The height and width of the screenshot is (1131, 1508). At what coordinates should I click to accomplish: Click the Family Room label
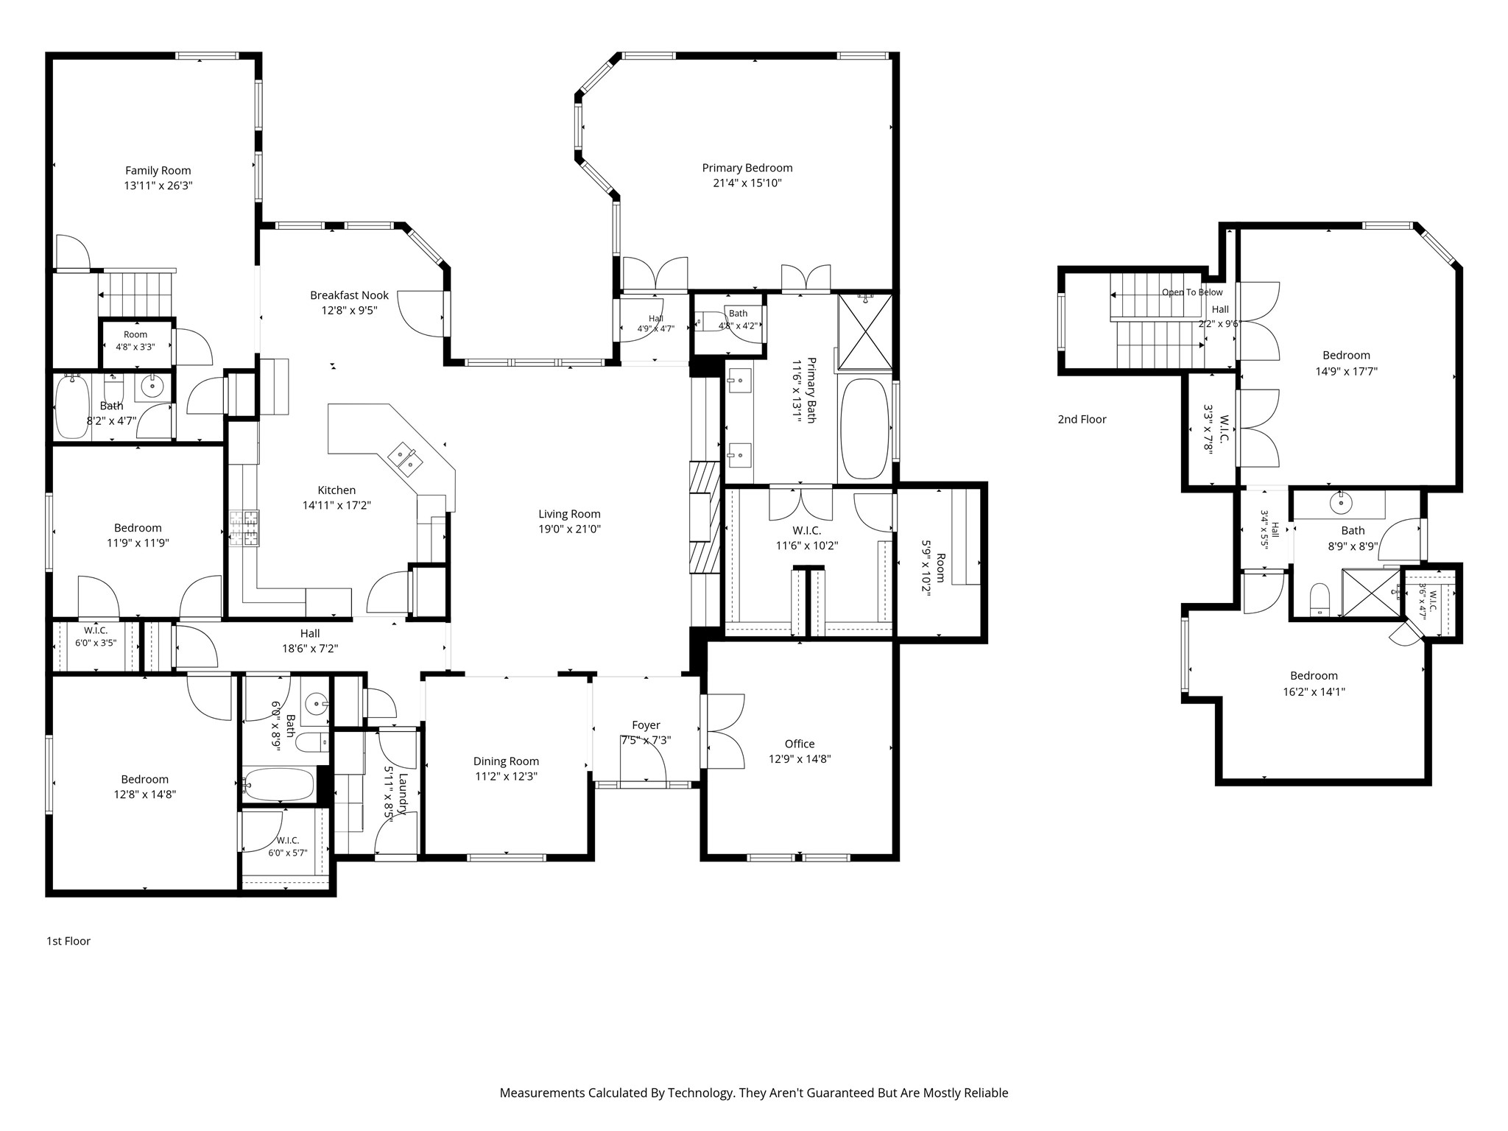(158, 171)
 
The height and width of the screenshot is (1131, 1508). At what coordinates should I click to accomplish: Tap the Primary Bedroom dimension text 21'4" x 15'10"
(747, 183)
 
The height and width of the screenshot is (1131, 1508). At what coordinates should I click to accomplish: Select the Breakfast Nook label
(349, 295)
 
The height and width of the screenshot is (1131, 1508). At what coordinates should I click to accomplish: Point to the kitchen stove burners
(244, 529)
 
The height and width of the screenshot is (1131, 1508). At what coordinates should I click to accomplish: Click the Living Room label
(569, 514)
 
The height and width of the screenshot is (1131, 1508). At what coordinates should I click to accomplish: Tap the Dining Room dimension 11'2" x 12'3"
(506, 777)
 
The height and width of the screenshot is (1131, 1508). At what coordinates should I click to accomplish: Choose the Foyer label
(646, 725)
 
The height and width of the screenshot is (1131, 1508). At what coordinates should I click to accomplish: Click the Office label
(800, 744)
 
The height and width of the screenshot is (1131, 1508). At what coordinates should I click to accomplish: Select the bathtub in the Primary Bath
(864, 429)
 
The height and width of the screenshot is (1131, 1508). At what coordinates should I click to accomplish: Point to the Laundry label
(403, 794)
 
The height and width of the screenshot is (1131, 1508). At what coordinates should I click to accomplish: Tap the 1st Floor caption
(68, 941)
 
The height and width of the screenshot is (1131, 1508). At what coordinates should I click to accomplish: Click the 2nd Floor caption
(1082, 420)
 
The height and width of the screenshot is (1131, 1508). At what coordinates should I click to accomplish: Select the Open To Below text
(1192, 292)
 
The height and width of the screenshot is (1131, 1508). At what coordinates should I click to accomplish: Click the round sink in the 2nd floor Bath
(1341, 504)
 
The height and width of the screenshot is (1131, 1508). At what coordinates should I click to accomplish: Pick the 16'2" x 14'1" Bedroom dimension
(1314, 691)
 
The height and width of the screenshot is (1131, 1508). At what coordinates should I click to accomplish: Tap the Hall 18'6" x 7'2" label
(310, 641)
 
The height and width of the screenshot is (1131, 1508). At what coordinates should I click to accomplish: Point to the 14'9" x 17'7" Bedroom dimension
(1346, 371)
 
